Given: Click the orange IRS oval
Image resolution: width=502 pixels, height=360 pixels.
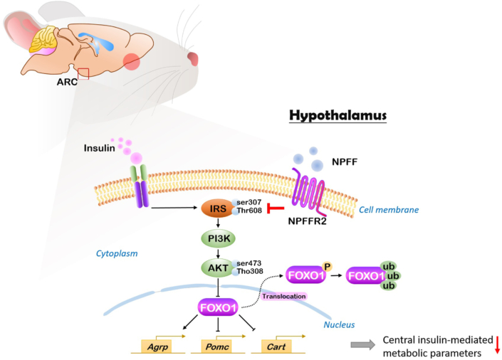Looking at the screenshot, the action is (218, 208).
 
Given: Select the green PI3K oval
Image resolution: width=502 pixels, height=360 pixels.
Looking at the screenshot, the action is (218, 238).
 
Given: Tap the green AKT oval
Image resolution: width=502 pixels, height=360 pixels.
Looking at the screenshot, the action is (218, 268).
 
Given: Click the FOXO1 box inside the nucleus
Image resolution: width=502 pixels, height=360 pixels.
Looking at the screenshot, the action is (218, 307).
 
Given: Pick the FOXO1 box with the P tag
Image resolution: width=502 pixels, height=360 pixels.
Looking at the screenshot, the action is (305, 275).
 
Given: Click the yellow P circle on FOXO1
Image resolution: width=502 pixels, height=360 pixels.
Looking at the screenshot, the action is (328, 267).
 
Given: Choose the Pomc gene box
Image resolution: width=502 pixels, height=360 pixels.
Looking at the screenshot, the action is (217, 346).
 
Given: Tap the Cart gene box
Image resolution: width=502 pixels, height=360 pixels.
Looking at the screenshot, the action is (276, 346).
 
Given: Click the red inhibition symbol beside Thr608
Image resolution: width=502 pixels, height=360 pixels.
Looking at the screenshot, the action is (276, 208).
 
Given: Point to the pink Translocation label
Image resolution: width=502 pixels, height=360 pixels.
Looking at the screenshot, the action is (284, 296).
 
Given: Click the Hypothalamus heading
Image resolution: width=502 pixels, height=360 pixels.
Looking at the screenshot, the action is (338, 115).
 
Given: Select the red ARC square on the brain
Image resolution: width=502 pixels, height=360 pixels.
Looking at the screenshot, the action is (83, 73).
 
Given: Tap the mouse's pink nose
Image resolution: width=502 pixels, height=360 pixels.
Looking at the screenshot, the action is (193, 59).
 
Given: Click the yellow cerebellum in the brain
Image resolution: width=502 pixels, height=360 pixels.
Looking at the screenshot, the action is (43, 39).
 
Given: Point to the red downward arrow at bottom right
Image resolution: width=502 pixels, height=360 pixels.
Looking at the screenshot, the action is (497, 345).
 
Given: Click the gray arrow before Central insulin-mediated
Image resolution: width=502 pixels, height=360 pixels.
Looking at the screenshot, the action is (362, 344).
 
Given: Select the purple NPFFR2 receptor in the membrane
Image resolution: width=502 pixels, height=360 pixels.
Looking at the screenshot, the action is (309, 192).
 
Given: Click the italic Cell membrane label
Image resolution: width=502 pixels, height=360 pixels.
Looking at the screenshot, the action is (389, 210).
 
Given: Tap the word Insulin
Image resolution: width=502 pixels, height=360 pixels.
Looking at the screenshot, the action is (99, 148).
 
